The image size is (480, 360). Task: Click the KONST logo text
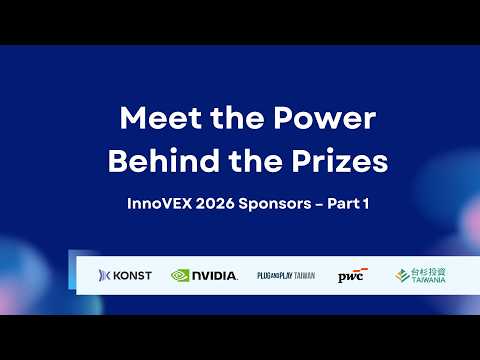tap(134, 275)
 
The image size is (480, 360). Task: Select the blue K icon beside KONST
tap(105, 275)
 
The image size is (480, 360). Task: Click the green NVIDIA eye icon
tap(181, 275)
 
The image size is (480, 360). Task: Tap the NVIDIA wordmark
tap(215, 275)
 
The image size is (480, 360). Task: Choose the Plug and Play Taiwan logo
tap(285, 275)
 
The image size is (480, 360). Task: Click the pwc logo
tap(351, 275)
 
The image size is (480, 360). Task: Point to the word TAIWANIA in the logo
tap(427, 281)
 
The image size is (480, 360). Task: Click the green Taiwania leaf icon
tap(401, 275)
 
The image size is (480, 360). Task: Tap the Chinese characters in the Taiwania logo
tap(428, 271)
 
